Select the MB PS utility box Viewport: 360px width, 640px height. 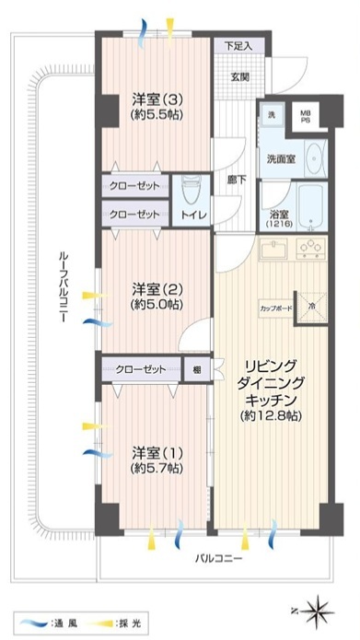(x=306, y=116)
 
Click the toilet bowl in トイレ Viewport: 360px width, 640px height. (x=191, y=191)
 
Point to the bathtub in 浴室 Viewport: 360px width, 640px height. (x=311, y=207)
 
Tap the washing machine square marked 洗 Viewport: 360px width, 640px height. (x=272, y=115)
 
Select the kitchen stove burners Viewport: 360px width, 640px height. (x=311, y=248)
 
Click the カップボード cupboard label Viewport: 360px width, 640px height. (x=276, y=308)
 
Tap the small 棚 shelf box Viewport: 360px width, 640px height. (x=197, y=370)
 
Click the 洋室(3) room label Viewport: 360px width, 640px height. (x=157, y=99)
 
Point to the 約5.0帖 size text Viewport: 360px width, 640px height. (x=157, y=304)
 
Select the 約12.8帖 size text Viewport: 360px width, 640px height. (x=271, y=415)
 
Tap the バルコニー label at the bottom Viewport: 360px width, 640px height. (x=218, y=558)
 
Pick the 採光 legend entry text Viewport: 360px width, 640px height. (x=130, y=623)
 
